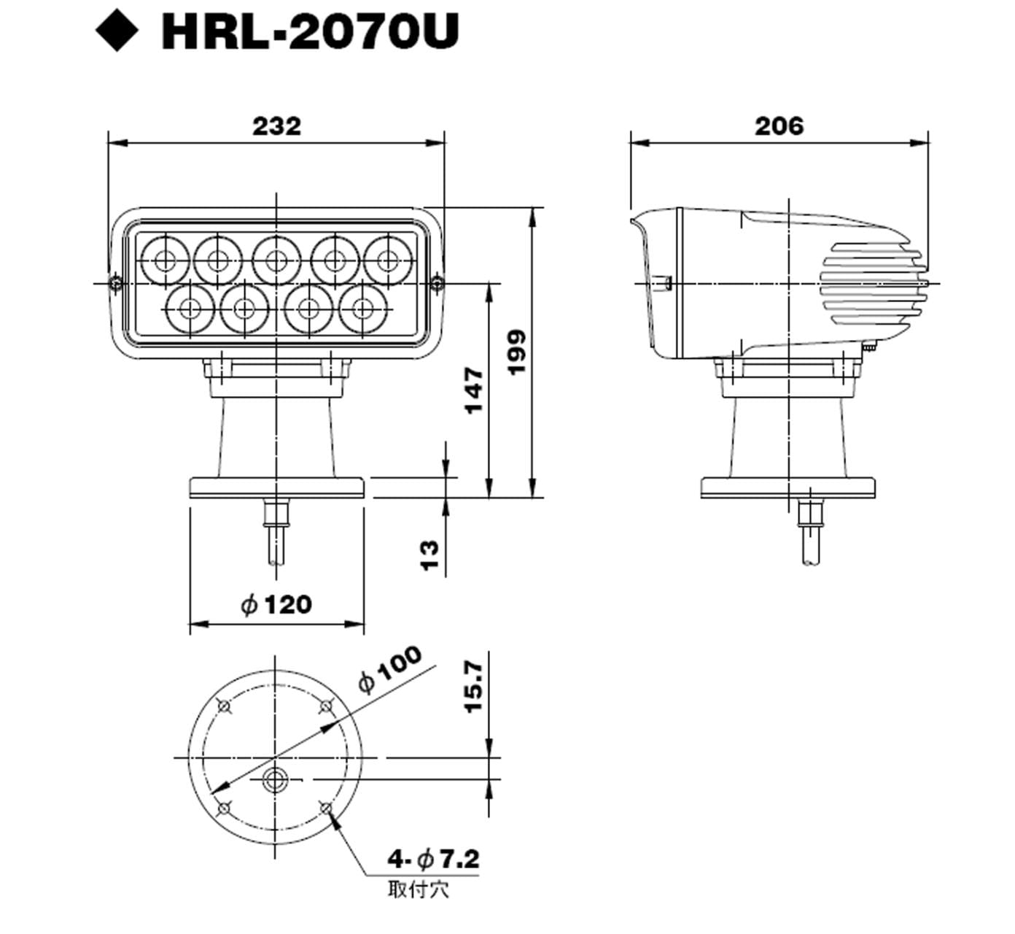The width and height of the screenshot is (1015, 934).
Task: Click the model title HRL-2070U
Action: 310,31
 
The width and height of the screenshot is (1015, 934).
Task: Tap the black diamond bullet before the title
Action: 117,31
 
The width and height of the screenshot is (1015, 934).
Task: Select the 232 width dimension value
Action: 276,126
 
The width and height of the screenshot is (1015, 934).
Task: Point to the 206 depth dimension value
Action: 779,126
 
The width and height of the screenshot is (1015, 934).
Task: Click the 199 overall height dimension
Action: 516,352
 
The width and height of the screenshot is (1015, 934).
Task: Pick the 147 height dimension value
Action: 474,391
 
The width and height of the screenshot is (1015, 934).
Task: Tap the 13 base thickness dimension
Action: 429,555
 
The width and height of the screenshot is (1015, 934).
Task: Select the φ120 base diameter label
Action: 276,604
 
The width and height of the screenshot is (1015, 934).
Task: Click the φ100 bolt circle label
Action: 389,669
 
